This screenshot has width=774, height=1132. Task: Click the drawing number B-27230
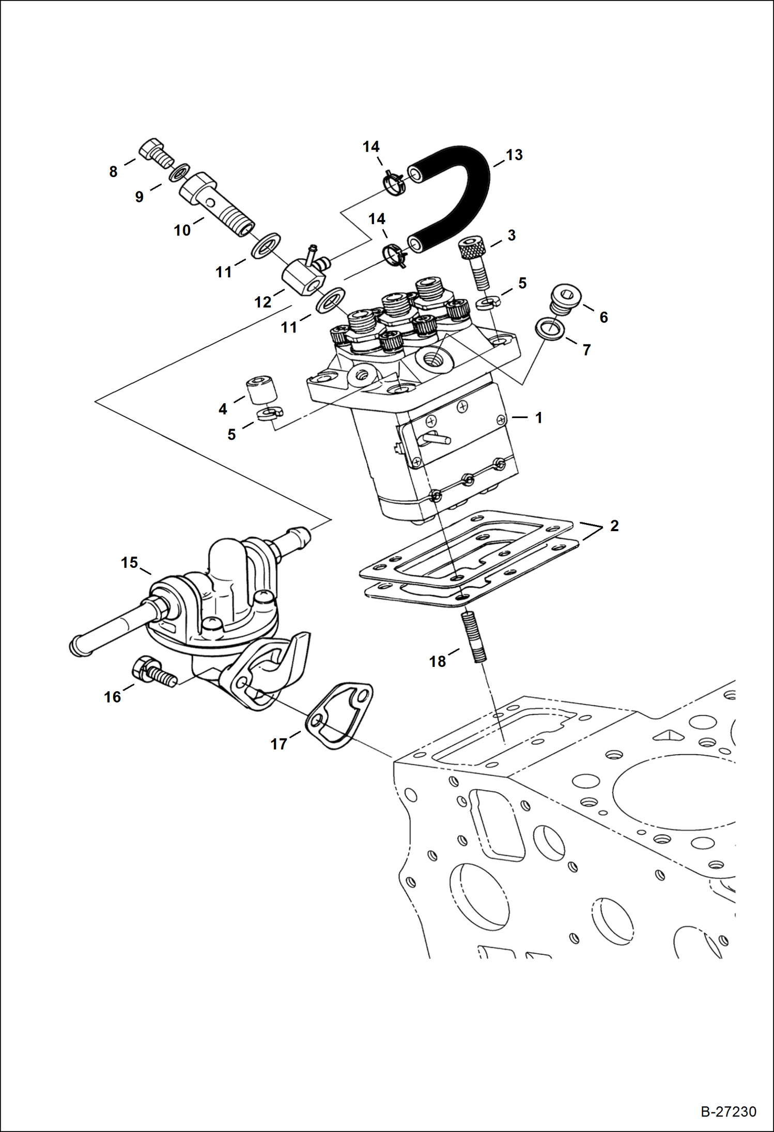pyautogui.click(x=728, y=1111)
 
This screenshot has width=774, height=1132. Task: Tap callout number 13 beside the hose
pyautogui.click(x=514, y=155)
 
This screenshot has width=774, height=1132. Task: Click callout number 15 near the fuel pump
pyautogui.click(x=129, y=562)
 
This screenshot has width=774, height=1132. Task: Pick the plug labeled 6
pyautogui.click(x=565, y=299)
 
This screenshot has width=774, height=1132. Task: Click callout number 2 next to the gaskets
pyautogui.click(x=614, y=525)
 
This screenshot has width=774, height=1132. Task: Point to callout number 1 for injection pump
pyautogui.click(x=538, y=417)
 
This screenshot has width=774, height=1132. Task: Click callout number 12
pyautogui.click(x=262, y=302)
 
